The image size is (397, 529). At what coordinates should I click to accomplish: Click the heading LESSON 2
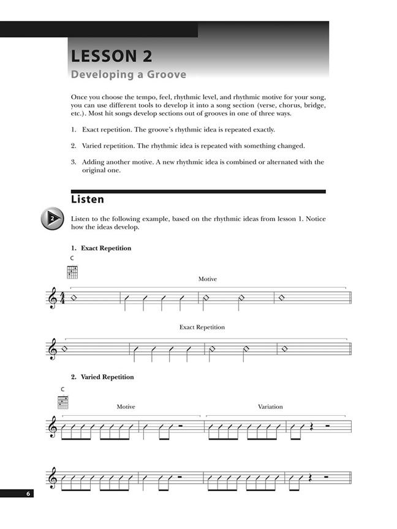(112, 56)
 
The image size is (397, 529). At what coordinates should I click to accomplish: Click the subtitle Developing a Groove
(129, 75)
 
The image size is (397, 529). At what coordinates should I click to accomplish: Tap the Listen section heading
(88, 200)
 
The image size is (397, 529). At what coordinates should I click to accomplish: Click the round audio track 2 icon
(53, 219)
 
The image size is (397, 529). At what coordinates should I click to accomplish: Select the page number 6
(28, 493)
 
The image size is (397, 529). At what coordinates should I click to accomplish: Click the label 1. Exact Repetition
(101, 248)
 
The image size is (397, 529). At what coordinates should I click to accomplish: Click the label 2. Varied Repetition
(102, 377)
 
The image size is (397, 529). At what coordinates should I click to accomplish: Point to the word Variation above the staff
(270, 407)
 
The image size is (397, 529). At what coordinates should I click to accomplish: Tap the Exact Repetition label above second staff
(202, 327)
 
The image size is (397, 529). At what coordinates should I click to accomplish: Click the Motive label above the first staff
(207, 279)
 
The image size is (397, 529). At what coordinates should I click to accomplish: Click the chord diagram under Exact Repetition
(73, 272)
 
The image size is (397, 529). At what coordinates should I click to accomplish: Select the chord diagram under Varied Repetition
(63, 402)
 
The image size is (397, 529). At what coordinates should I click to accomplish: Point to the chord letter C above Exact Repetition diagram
(72, 258)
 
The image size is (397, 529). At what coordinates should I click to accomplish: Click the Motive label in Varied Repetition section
(126, 407)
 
